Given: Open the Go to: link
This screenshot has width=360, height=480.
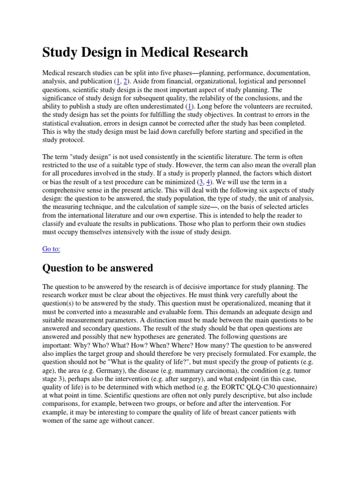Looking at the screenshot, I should point(51,249).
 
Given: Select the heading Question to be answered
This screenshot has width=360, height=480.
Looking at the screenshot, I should point(97,268).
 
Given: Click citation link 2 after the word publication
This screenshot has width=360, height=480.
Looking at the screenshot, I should point(125,82).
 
